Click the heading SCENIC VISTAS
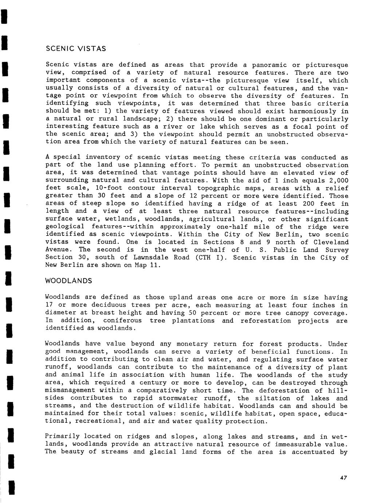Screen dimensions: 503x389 pyautogui.click(x=76, y=49)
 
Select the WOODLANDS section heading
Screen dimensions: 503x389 pyautogui.click(x=69, y=281)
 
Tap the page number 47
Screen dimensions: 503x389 pyautogui.click(x=343, y=478)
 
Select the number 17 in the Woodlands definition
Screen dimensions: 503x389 pyautogui.click(x=49, y=305)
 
